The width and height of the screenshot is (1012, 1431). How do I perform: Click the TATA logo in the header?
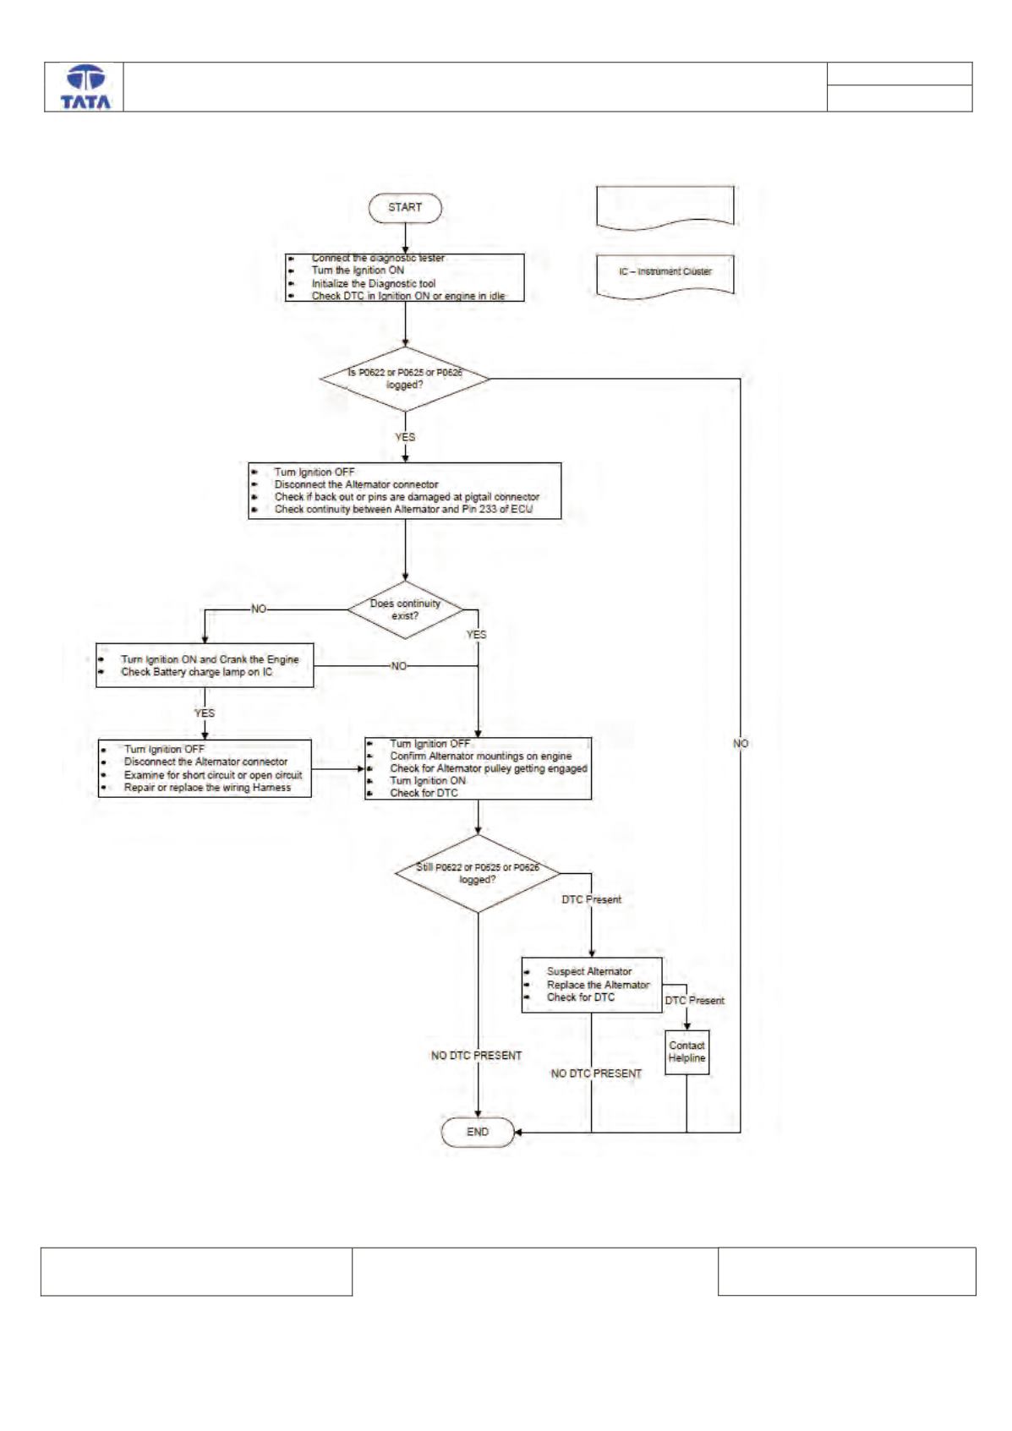point(85,87)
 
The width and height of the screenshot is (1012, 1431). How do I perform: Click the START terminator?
point(405,208)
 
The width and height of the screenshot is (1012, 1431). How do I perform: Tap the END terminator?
point(478,1132)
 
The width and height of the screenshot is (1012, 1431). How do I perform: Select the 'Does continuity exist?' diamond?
point(405,609)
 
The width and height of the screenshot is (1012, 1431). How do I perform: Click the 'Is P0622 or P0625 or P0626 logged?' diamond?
point(405,379)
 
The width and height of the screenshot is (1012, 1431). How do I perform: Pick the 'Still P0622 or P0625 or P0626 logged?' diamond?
point(478,873)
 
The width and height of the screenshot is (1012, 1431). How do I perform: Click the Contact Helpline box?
point(687,1052)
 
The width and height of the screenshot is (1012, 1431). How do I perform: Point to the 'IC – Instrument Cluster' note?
point(665,276)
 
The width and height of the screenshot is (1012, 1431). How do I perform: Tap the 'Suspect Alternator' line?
point(589,971)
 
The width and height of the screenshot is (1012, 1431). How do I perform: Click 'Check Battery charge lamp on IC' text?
point(197,672)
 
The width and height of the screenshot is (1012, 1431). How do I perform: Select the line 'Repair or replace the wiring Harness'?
point(208,788)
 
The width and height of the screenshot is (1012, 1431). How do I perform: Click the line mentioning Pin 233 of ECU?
point(404,509)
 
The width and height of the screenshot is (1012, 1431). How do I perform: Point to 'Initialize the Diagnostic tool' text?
point(374,283)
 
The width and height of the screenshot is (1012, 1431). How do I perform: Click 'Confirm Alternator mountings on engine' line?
point(481,756)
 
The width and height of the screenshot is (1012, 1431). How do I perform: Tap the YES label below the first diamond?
point(405,437)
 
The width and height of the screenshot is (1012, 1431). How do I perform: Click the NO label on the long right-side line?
point(741,744)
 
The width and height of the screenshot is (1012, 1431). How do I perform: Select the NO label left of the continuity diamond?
point(259,609)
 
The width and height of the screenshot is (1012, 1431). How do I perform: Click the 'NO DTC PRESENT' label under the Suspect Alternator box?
point(596,1073)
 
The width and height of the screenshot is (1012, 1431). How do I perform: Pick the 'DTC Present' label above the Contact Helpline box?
point(694,1001)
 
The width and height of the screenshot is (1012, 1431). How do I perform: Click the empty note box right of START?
point(665,208)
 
